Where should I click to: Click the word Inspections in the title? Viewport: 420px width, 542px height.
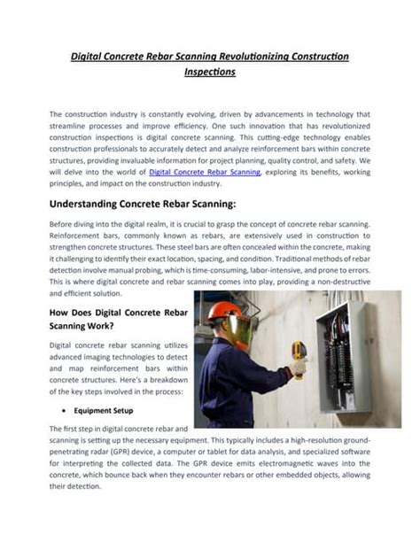coord(209,74)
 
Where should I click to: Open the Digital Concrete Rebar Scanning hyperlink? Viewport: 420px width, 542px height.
coord(205,173)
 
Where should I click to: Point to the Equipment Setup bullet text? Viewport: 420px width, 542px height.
coord(103,410)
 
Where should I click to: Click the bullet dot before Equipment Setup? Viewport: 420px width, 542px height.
coord(66,410)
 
